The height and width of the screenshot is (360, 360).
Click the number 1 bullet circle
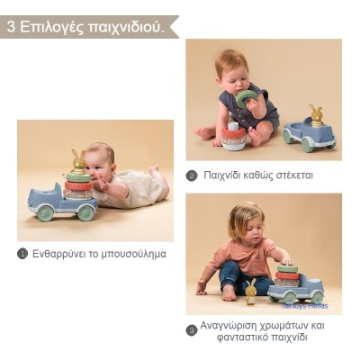coord(22,254)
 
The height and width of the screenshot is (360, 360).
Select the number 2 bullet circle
coord(192,175)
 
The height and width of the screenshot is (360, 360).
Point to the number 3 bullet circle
coord(192,330)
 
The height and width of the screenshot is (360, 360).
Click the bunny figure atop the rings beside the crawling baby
coord(78,162)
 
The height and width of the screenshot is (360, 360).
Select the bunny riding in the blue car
coord(315,115)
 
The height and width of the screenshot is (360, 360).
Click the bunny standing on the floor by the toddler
coord(251,290)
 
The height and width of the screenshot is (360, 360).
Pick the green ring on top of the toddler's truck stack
coord(287,269)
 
